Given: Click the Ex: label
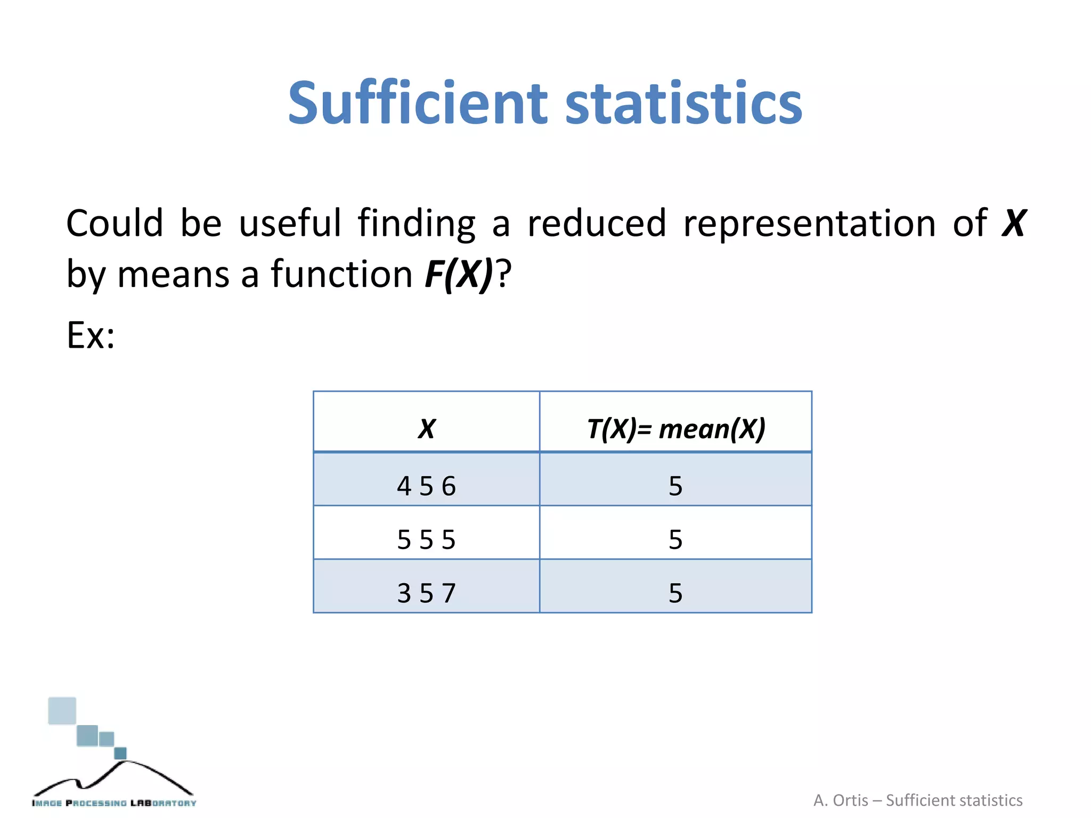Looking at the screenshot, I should click(91, 336).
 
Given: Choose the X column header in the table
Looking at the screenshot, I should click(427, 429).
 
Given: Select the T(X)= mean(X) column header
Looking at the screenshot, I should click(675, 429).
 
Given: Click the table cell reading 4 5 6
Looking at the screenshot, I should click(427, 486).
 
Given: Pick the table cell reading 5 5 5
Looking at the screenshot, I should click(427, 539).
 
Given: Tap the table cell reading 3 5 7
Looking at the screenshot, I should click(427, 593).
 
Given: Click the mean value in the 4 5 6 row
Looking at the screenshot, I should click(675, 486).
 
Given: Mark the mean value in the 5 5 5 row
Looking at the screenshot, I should click(675, 539).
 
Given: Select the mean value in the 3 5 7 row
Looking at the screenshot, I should click(675, 593).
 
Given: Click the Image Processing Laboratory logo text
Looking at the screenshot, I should click(114, 803).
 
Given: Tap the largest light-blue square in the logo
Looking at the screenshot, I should click(62, 711).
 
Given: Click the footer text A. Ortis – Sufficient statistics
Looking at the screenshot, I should click(917, 800).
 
